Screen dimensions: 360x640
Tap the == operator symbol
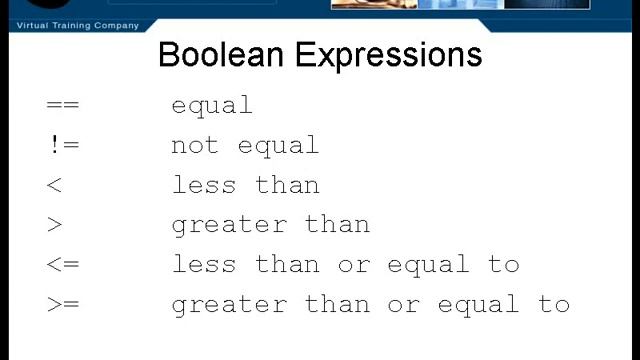[x=62, y=105]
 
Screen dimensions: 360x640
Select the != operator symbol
[x=62, y=145]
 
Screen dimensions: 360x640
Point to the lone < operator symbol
[x=55, y=185]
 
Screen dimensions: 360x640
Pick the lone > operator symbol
[x=55, y=225]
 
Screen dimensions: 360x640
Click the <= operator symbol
[x=62, y=265]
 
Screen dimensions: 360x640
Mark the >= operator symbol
[x=62, y=305]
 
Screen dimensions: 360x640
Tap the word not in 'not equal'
[x=195, y=145]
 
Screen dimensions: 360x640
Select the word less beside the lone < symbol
[x=204, y=185]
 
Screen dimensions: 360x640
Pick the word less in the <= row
[x=204, y=265]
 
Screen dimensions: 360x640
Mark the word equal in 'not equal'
[x=278, y=146]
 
